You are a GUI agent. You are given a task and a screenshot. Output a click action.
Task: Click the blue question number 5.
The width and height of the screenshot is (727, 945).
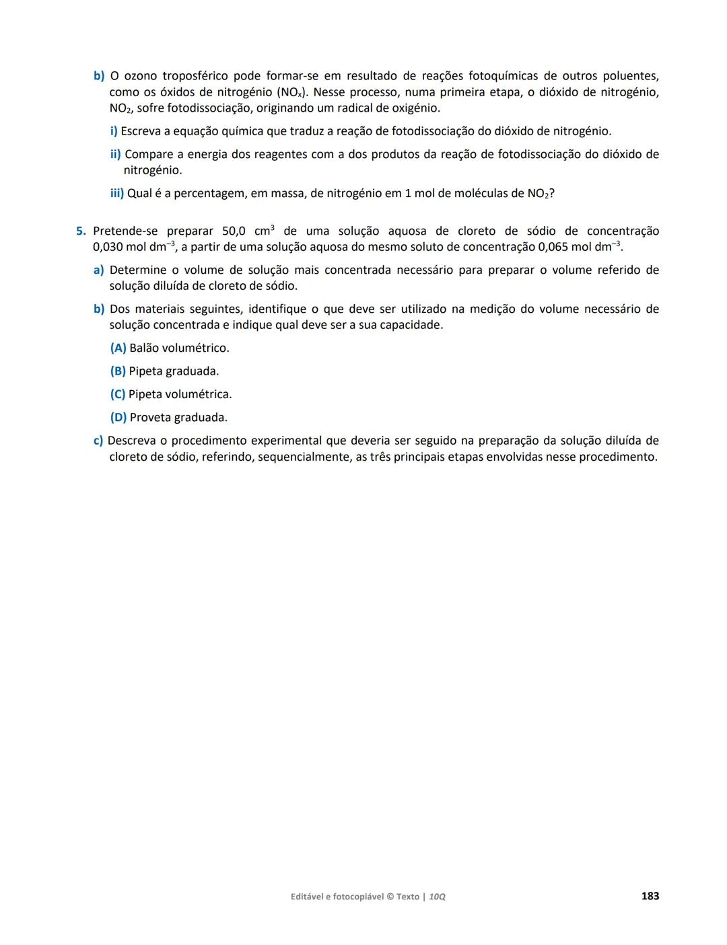80,231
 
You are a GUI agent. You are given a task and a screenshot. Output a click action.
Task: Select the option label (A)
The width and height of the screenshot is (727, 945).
118,348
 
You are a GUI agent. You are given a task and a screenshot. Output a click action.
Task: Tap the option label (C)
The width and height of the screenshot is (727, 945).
118,395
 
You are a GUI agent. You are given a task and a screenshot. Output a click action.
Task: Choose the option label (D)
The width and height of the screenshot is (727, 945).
118,418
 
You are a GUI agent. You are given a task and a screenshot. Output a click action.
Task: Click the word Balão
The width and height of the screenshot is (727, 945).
145,348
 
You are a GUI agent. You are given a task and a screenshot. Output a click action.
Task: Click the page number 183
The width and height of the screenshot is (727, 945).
650,896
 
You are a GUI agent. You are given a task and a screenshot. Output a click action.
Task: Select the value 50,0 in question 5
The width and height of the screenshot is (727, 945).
236,231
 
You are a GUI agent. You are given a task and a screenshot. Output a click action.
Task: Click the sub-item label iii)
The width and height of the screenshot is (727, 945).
117,194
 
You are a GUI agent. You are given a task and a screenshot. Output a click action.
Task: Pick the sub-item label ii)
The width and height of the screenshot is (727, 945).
115,155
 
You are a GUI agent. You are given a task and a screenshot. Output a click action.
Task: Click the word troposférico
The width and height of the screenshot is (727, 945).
195,76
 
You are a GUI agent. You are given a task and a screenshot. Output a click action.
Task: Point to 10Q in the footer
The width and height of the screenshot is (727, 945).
437,897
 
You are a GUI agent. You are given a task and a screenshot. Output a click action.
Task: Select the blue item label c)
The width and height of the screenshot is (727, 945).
98,441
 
